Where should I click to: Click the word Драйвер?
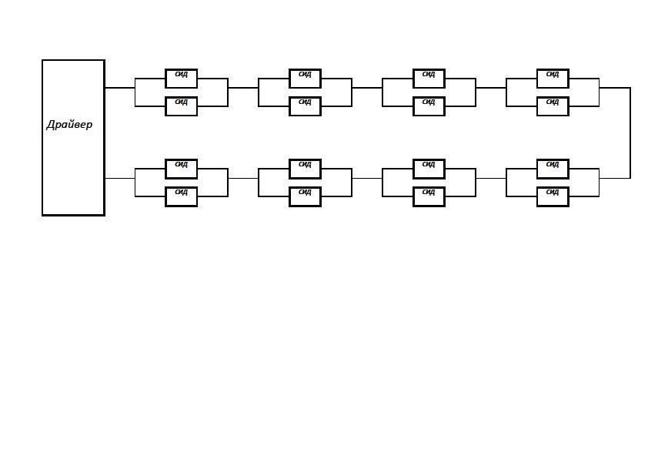coord(69,125)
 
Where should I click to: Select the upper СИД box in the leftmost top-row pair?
coord(182,79)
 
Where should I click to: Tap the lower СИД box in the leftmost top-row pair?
coord(182,106)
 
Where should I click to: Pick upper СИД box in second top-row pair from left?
coord(305,79)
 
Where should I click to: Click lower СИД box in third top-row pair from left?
coord(429,106)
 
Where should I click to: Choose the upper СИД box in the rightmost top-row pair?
coord(553,79)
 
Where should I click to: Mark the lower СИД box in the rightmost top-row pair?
coord(553,106)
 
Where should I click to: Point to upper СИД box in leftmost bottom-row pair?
coord(182,169)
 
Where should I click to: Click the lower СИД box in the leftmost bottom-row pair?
coord(182,196)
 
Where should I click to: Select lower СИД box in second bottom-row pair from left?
coord(305,196)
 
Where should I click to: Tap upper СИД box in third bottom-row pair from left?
coord(429,169)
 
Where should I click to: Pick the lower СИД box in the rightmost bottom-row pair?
coord(553,196)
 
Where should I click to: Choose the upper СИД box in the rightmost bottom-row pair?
coord(553,169)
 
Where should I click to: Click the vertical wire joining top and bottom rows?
coord(630,133)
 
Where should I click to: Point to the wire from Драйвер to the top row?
coord(120,88)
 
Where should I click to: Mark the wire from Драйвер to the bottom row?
coord(120,179)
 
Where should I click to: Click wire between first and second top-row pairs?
coord(243,88)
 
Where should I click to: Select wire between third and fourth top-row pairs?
coord(491,88)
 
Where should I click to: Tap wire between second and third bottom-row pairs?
coord(367,179)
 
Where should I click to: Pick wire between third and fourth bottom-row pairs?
coord(491,179)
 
